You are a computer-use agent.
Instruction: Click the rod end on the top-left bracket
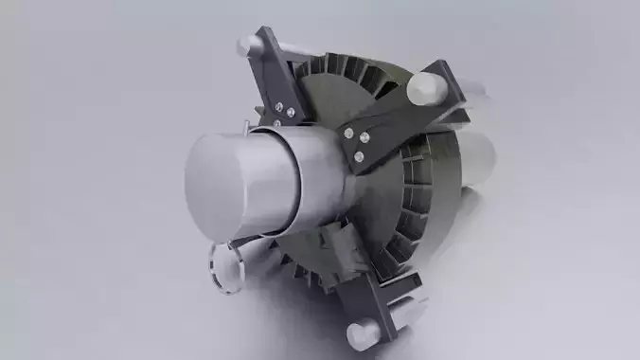249,44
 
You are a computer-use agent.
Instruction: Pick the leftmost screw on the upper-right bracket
347,134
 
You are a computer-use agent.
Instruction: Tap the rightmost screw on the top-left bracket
290,113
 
